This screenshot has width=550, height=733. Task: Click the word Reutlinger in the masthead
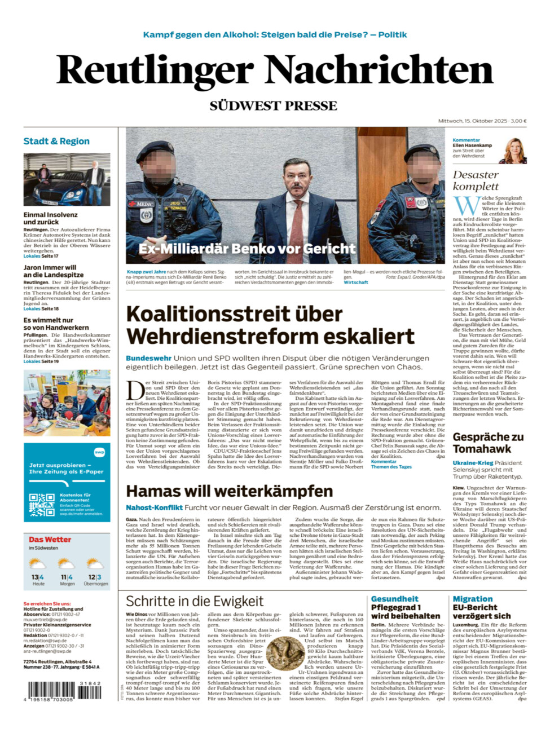155,72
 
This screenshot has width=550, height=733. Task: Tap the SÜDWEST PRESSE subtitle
274,106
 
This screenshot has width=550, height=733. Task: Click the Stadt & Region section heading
56,142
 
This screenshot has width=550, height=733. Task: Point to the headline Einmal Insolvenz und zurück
51,218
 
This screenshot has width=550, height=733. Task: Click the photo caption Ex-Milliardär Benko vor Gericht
247,249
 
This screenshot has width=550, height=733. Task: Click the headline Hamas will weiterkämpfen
229,491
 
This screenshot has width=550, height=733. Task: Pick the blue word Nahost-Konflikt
154,507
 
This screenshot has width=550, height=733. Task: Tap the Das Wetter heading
50,540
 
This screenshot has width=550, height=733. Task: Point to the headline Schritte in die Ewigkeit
195,601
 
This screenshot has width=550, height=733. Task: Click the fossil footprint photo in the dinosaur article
284,653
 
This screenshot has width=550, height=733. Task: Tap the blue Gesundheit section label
394,599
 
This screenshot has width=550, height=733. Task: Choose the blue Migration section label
473,599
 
